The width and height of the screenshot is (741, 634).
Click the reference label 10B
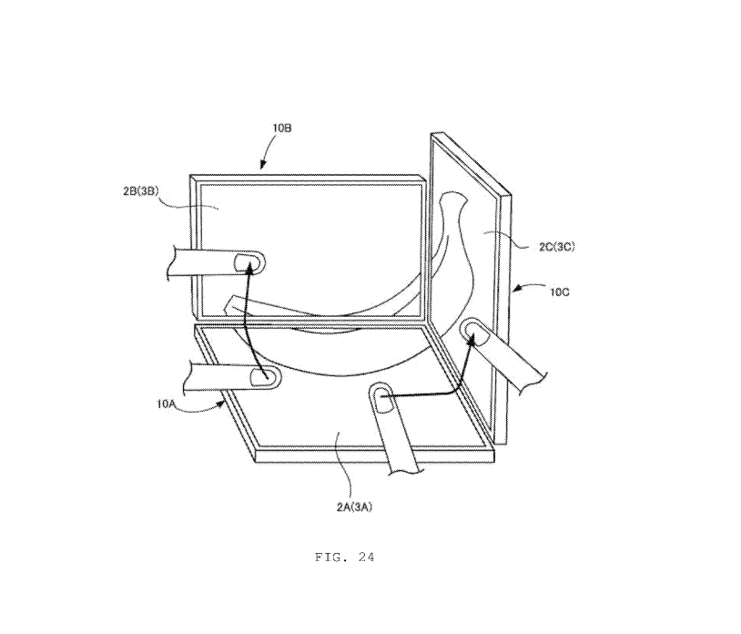281,128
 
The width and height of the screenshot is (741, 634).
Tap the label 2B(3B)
141,191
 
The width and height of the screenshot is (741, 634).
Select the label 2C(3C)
557,246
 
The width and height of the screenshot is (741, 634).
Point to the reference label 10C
560,292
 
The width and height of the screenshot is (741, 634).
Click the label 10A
167,404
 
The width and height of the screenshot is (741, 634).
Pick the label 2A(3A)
354,506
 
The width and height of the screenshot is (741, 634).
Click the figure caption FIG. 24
344,557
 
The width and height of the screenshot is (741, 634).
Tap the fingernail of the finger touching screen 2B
244,262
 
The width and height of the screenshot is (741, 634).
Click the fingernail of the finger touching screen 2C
478,336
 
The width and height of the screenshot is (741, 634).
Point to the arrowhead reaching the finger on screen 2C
472,337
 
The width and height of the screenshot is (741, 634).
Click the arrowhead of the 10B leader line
263,165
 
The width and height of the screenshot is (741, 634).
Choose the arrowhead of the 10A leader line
220,404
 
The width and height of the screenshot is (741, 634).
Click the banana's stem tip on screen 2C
452,195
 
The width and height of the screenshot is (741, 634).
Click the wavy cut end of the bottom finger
405,471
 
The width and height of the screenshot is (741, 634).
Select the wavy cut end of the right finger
533,383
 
